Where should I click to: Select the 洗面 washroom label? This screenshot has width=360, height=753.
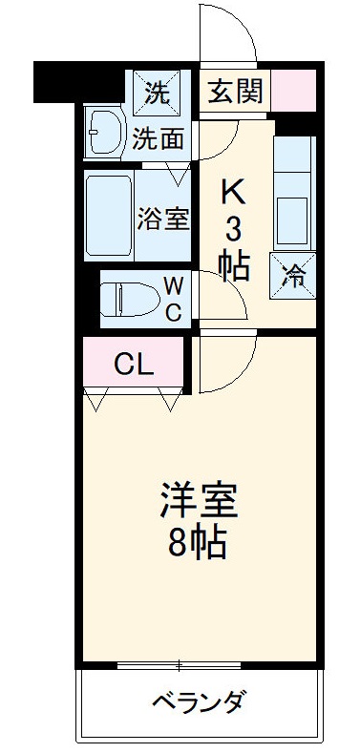(158, 139)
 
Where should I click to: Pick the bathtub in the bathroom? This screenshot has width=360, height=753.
(109, 217)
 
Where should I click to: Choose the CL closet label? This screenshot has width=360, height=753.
(132, 363)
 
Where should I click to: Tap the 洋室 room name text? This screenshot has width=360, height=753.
(197, 501)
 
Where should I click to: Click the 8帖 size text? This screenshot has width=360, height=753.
(197, 543)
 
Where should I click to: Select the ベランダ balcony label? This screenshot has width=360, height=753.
(199, 704)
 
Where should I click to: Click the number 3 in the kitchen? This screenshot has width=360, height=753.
(234, 229)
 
